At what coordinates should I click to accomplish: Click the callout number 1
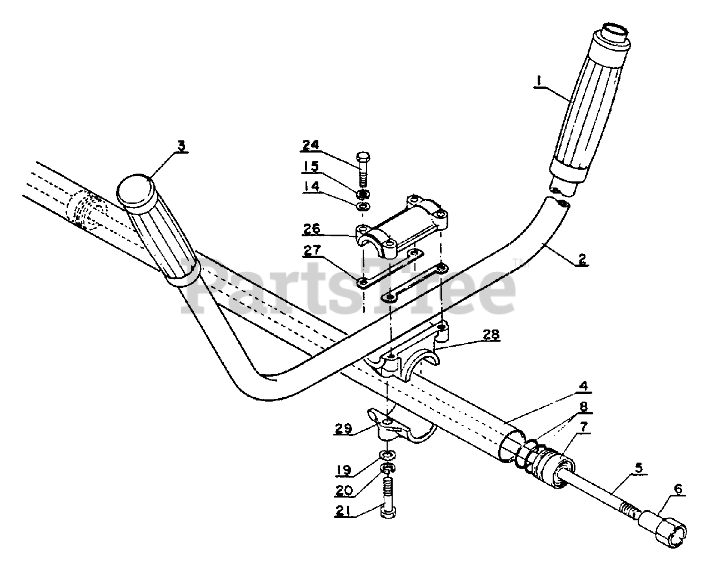coord(537,80)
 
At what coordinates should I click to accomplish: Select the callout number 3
coord(181,146)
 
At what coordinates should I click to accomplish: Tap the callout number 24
coord(311,146)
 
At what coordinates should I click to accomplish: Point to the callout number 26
coord(312,229)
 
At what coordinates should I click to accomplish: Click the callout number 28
coord(490,334)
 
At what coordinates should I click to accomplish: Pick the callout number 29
coord(343,429)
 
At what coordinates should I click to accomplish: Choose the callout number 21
coord(343,513)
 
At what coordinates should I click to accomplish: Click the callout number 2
coord(581,258)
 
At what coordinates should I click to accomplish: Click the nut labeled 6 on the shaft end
coord(663,525)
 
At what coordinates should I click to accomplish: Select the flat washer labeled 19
coord(387,455)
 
